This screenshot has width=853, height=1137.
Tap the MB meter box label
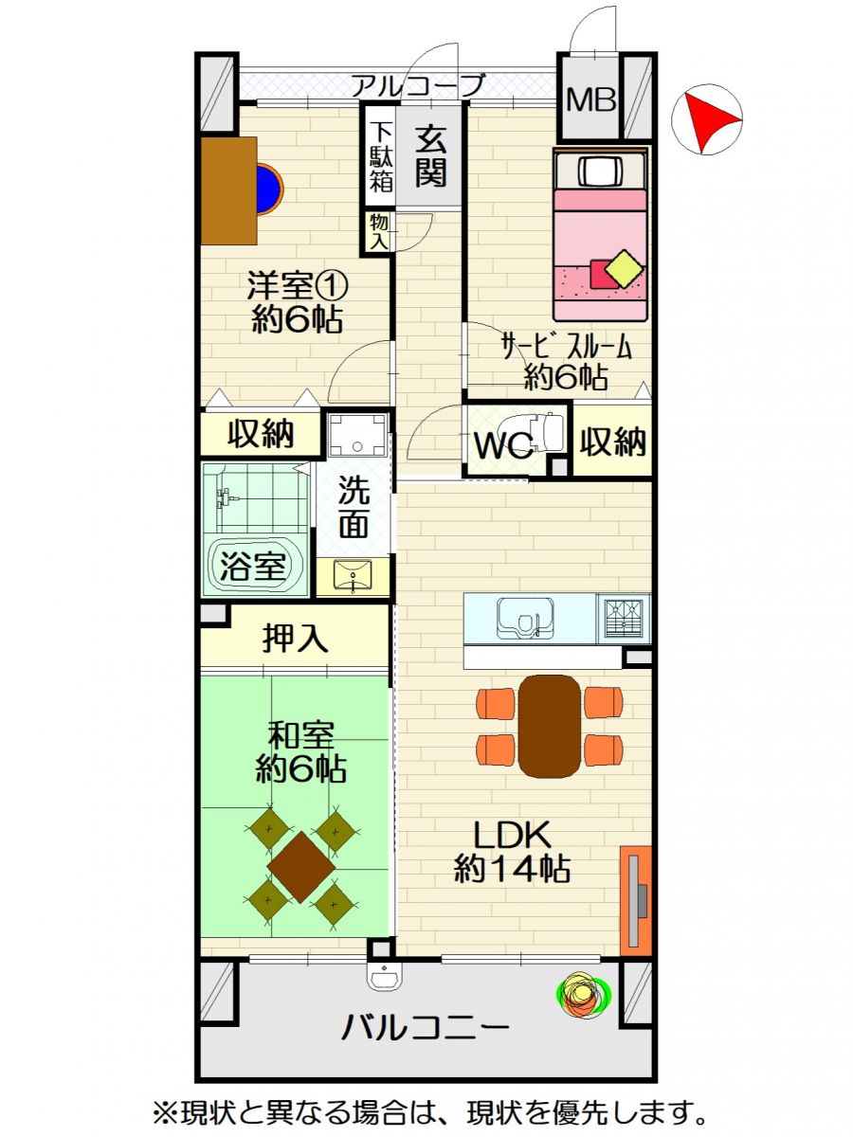pyautogui.click(x=590, y=100)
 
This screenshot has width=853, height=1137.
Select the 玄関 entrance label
pyautogui.click(x=429, y=156)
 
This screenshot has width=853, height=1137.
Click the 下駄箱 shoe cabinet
pyautogui.click(x=381, y=156)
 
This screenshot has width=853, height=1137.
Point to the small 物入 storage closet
pyautogui.click(x=380, y=232)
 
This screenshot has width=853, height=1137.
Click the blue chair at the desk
pyautogui.click(x=270, y=189)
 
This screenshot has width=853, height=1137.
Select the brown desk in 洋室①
pyautogui.click(x=229, y=190)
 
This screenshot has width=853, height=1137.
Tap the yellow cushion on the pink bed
pyautogui.click(x=625, y=268)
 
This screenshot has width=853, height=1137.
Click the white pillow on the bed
pyautogui.click(x=600, y=171)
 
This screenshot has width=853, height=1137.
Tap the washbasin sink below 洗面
pyautogui.click(x=354, y=574)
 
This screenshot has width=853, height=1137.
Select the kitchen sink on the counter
pyautogui.click(x=525, y=619)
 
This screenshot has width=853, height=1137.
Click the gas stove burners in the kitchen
pyautogui.click(x=624, y=619)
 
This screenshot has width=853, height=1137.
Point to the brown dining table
pyautogui.click(x=550, y=726)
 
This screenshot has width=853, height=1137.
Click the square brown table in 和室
pyautogui.click(x=301, y=867)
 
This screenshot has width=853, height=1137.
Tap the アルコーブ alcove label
pyautogui.click(x=419, y=85)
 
